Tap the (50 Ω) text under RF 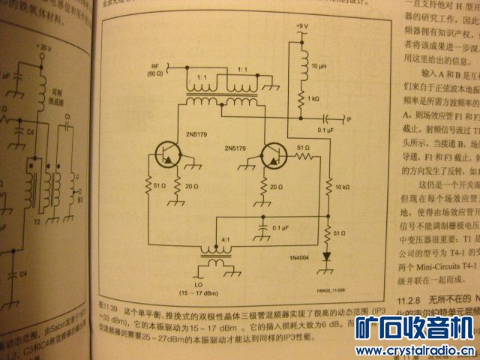pos(156,73)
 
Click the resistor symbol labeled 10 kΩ pos(328,185)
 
